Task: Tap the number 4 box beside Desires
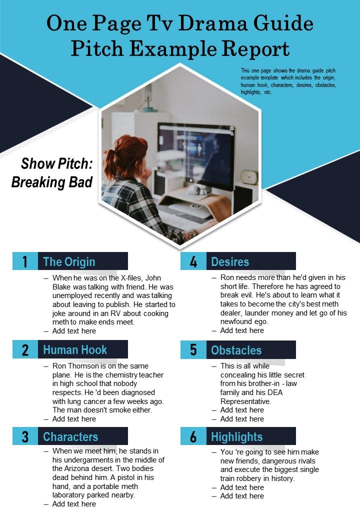coord(193,261)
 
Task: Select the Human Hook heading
coord(75,349)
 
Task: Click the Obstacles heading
coord(236,350)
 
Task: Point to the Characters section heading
coord(70,436)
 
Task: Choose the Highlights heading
coord(236,436)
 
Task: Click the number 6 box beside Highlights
coord(193,436)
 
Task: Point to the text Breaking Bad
coord(52,182)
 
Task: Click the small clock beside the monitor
coord(248,176)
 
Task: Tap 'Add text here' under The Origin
coord(74,331)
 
